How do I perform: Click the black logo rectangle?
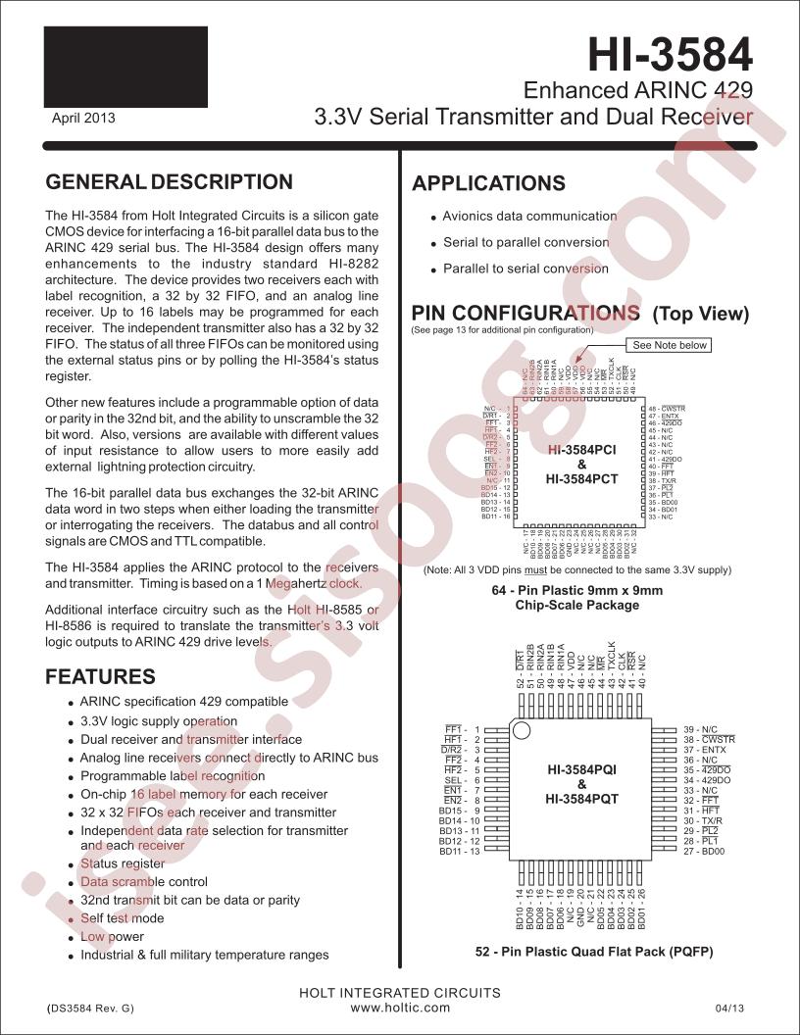125,67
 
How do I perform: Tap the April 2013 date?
83,118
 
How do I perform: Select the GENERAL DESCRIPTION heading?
170,182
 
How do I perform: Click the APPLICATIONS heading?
488,184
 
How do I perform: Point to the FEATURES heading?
101,676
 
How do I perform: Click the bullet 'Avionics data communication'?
529,216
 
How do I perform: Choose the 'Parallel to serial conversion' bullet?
525,269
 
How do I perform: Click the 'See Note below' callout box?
670,345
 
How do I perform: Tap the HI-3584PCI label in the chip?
581,449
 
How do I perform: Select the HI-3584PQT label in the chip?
581,800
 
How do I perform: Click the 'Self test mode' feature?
122,918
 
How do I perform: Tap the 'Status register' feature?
123,863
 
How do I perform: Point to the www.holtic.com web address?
400,1007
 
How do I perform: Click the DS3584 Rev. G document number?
90,1008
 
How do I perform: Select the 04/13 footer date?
730,1008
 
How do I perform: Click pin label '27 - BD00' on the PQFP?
703,852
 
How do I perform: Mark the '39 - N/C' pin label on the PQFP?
701,729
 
